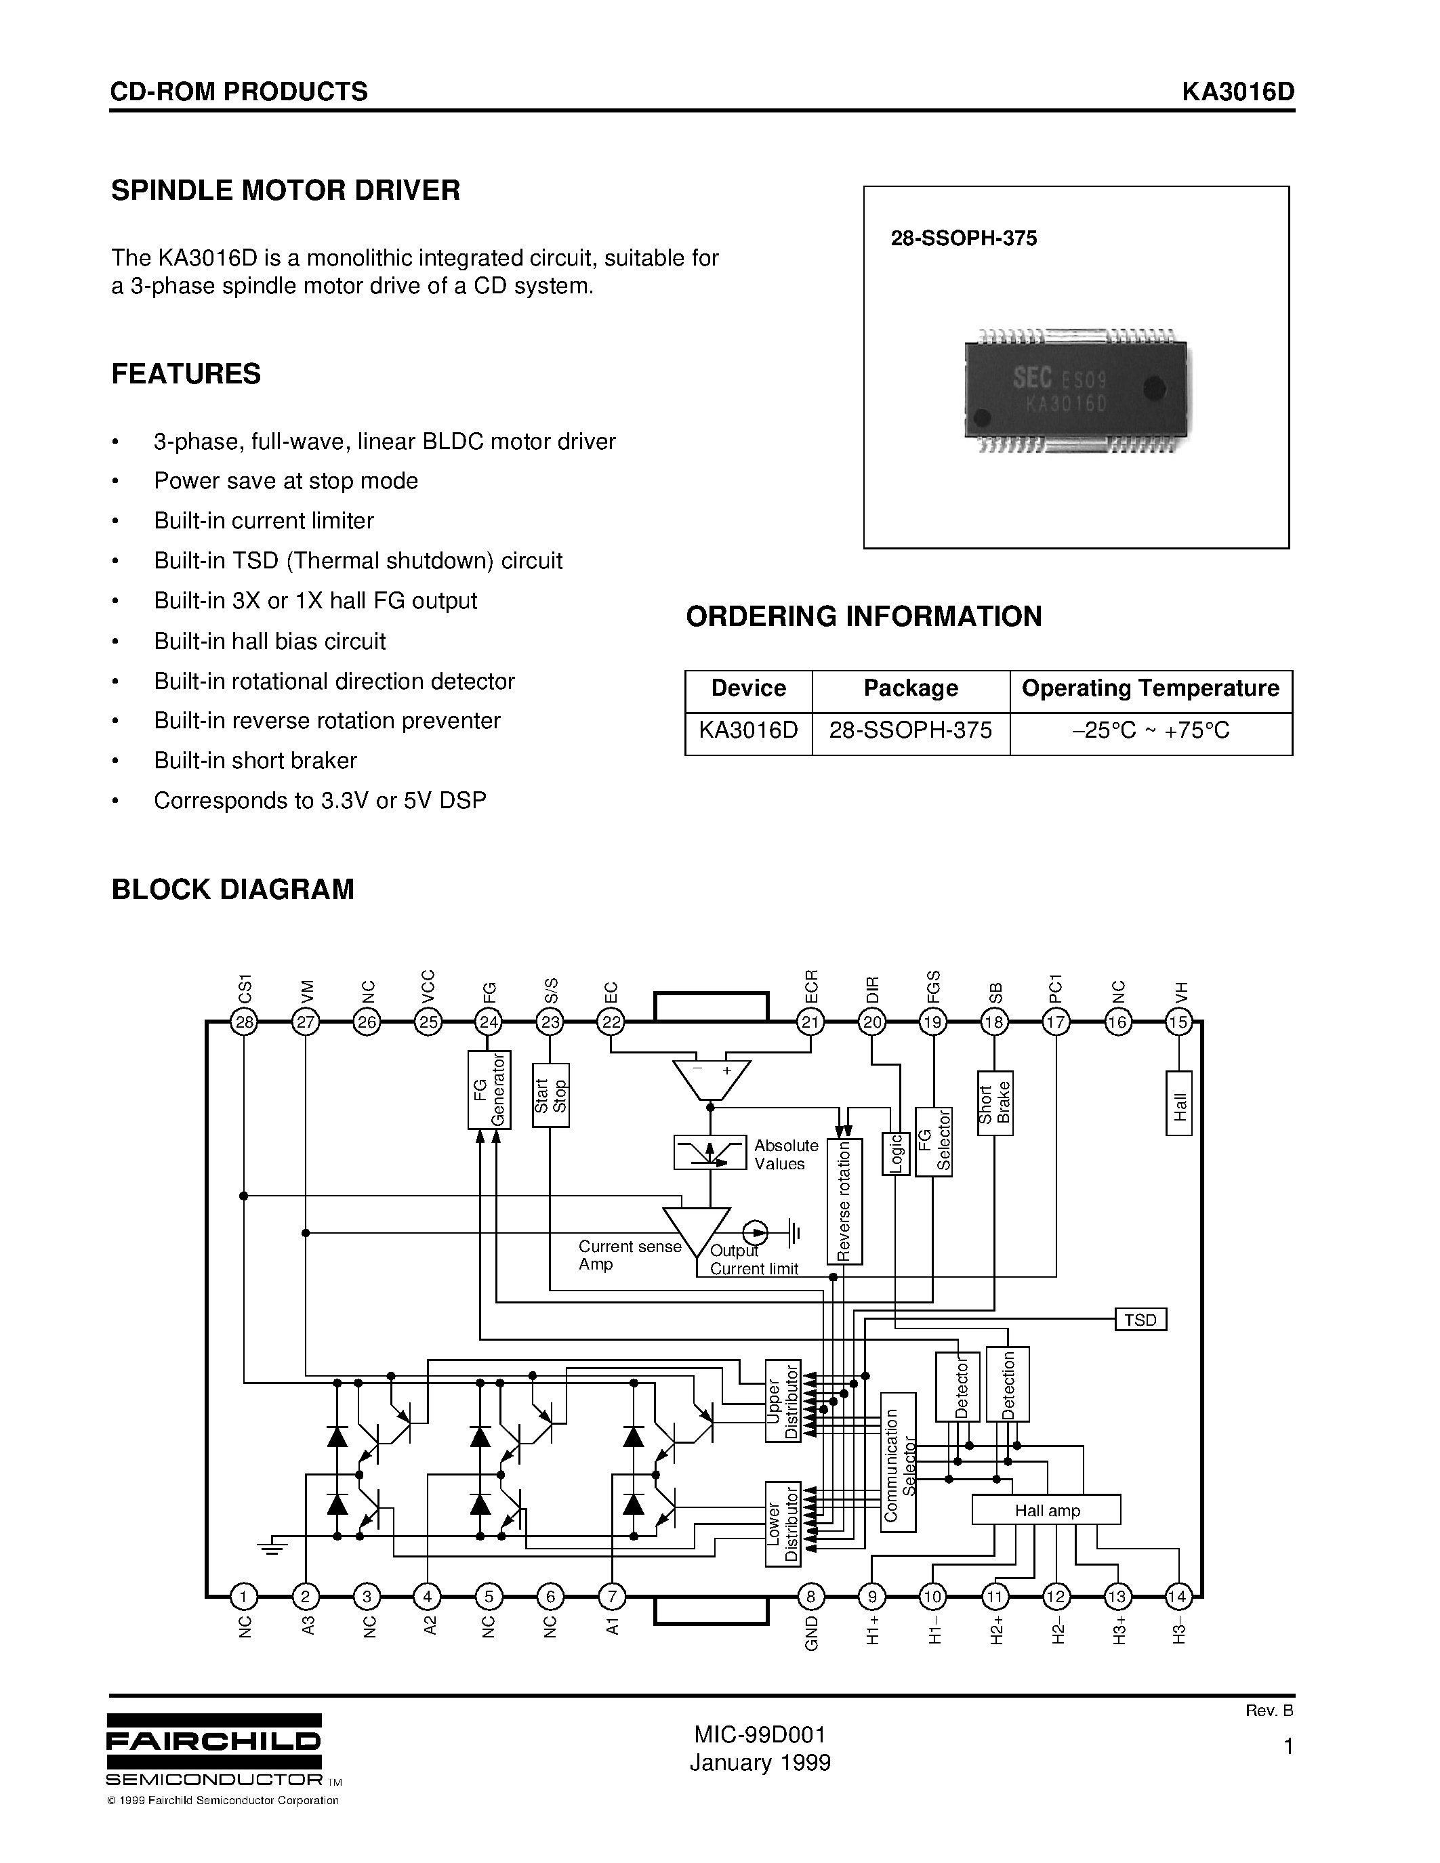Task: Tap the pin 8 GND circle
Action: (810, 1596)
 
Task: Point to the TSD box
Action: (1140, 1320)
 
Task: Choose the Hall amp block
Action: (1046, 1510)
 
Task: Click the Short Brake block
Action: (995, 1103)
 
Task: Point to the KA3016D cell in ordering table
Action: (748, 731)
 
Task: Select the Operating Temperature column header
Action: (1150, 688)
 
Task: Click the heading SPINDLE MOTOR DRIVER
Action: (286, 190)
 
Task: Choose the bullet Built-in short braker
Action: (255, 760)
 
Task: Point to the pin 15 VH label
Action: (1180, 991)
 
